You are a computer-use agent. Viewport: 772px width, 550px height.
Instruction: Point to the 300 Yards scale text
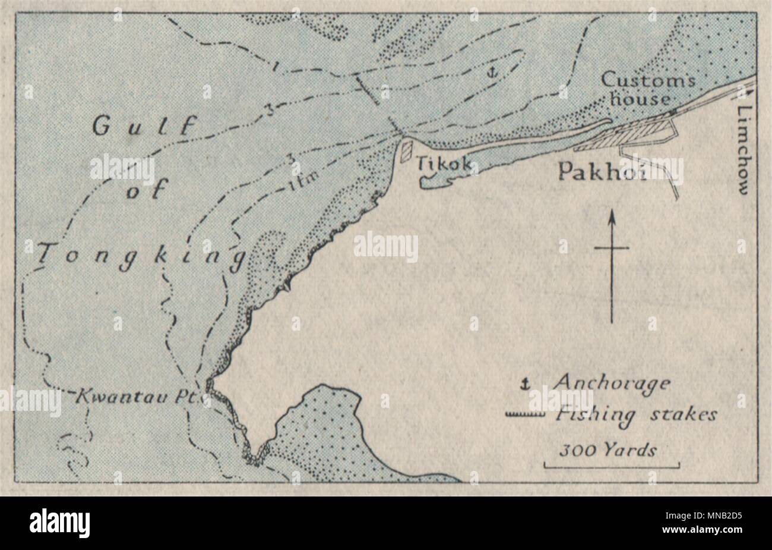607,450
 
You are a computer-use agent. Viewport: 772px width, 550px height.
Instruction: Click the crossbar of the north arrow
612,247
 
